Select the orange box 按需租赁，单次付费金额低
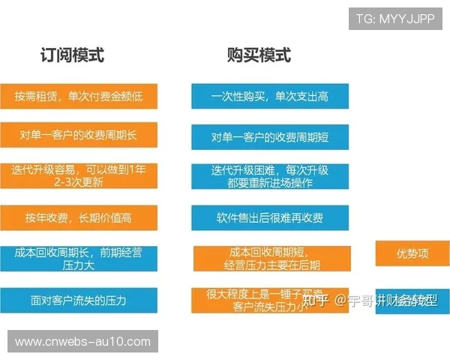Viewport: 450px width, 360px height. tap(79, 96)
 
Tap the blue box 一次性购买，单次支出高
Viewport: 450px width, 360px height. tap(270, 96)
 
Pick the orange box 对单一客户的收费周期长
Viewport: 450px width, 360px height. tap(79, 135)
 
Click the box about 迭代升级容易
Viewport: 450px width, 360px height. tap(79, 176)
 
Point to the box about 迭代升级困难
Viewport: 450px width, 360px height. tap(270, 177)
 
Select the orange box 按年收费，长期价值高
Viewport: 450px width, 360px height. tap(79, 217)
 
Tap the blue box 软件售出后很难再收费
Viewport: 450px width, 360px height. tap(270, 218)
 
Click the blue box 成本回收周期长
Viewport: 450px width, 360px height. tap(79, 259)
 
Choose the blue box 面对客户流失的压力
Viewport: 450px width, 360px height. tap(79, 301)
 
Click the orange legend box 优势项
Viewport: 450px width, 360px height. tap(412, 253)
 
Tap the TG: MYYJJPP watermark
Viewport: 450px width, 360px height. tap(395, 18)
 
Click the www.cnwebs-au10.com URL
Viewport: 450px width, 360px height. tap(83, 342)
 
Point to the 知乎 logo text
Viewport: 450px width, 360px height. tap(315, 301)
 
